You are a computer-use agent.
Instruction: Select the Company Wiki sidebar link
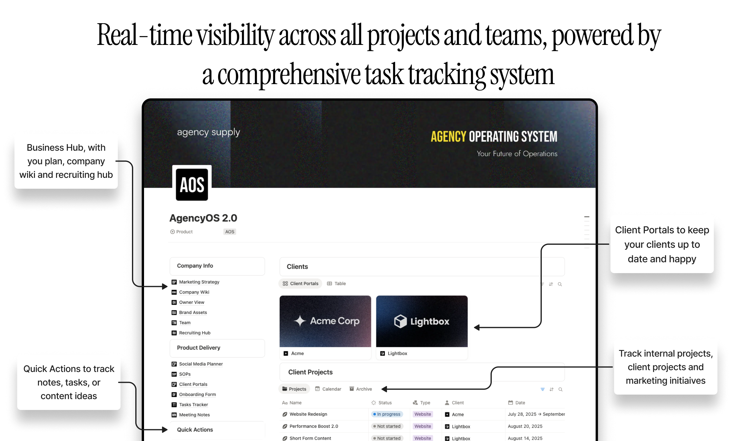[x=194, y=292]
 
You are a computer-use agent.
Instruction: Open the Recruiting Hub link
[x=194, y=333]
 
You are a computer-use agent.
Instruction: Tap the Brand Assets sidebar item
[x=193, y=313]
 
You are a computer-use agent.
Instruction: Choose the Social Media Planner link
[x=201, y=364]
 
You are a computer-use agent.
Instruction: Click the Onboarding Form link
[x=197, y=394]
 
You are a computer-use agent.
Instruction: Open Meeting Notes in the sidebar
[x=194, y=415]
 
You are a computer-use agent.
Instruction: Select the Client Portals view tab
[x=300, y=284]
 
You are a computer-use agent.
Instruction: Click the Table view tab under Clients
[x=337, y=284]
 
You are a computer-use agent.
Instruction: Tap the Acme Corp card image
[x=325, y=321]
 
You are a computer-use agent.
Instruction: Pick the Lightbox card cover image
[x=422, y=321]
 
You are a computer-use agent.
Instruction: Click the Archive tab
[x=361, y=389]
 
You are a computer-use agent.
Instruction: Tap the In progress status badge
[x=387, y=414]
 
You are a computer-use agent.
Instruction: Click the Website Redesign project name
[x=308, y=414]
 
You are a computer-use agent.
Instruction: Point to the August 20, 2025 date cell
[x=525, y=426]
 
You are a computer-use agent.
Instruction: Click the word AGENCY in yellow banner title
[x=448, y=137]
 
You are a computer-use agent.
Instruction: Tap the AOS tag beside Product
[x=230, y=232]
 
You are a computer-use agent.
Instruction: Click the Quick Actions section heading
[x=195, y=430]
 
